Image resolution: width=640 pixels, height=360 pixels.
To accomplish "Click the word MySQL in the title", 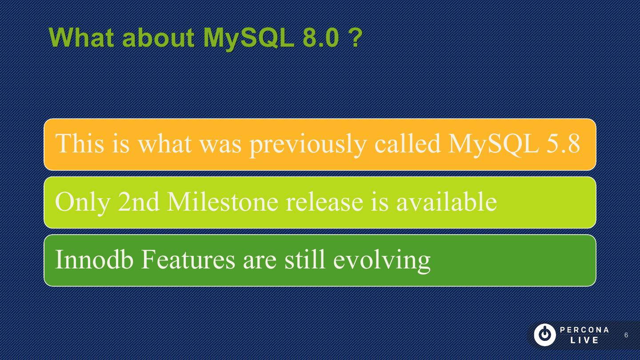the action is tap(248, 38).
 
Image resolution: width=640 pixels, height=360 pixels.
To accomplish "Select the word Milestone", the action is tap(223, 202).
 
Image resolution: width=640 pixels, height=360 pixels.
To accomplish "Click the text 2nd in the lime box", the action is tap(138, 202).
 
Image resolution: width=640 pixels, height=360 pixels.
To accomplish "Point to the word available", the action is tap(446, 201).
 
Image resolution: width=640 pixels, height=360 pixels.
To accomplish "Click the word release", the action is tap(324, 202).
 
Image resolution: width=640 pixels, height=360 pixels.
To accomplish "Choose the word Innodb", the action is tap(94, 260).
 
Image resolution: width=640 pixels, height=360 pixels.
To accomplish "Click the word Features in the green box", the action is tap(188, 260).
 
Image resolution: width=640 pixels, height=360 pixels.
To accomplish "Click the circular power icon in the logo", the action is tap(545, 335).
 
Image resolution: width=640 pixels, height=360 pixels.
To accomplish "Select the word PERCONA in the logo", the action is tap(584, 330).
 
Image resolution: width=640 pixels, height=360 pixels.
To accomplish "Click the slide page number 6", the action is tap(626, 335).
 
